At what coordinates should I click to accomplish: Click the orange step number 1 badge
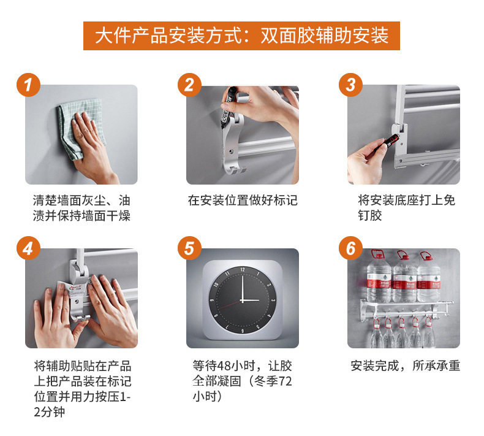28,85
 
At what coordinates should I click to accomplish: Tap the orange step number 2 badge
189,85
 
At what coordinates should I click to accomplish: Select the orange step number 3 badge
350,85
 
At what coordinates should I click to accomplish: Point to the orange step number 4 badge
28,248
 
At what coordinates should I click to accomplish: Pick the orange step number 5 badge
189,248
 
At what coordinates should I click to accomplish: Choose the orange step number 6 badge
350,248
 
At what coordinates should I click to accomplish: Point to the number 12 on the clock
243,270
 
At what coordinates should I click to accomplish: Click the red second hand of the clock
230,304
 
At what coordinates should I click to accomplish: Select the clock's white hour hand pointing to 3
251,300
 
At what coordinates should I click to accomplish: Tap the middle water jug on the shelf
404,277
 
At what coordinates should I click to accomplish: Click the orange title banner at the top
241,36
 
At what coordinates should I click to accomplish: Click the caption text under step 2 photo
243,201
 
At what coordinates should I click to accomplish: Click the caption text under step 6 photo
406,366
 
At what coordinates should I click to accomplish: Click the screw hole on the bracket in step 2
231,151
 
